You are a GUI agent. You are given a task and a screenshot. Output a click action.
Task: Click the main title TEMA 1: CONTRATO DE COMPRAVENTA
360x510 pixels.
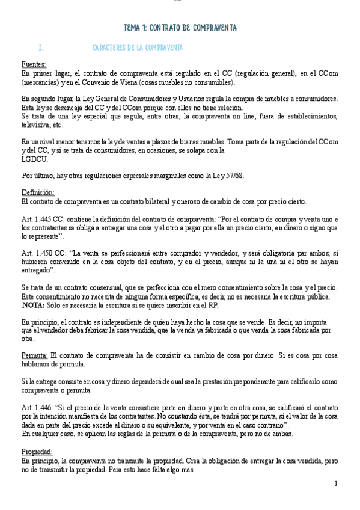pos(180,28)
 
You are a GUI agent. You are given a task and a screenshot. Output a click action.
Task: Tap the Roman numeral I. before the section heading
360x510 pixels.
pos(40,48)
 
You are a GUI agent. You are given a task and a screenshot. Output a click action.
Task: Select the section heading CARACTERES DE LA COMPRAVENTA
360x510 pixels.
pos(138,48)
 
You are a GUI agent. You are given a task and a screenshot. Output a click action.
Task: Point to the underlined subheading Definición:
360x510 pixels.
pos(38,192)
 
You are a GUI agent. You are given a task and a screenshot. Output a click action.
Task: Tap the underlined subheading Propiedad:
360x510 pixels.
pos(37,451)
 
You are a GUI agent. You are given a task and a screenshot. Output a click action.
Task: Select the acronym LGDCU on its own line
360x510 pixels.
pos(34,159)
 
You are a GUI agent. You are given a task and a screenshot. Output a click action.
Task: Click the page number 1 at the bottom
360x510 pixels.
pos(336,483)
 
